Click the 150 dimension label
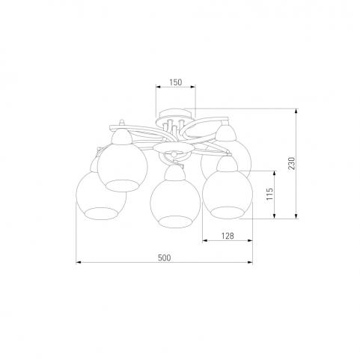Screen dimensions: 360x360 click(x=176, y=82)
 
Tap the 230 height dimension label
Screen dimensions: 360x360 click(x=292, y=163)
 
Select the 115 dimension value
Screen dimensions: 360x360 click(x=269, y=194)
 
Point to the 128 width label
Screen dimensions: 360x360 click(x=228, y=236)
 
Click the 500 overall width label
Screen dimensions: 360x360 click(x=165, y=257)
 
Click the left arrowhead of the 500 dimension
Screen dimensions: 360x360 click(x=79, y=262)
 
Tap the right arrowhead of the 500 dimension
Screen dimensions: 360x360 click(x=250, y=262)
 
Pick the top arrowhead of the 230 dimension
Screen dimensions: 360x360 click(x=296, y=112)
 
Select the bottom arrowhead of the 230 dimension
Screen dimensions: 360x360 click(x=296, y=216)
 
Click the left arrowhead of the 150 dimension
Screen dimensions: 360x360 click(x=159, y=87)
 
